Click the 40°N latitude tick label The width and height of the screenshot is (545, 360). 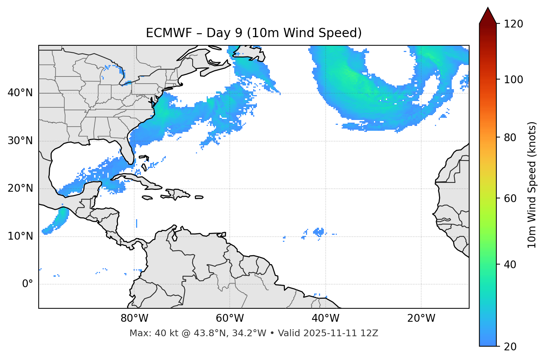(20, 93)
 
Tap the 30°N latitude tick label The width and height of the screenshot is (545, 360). (20, 141)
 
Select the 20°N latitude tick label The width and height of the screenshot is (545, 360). (20, 188)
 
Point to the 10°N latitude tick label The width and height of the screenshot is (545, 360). (20, 236)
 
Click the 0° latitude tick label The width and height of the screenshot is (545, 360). (28, 284)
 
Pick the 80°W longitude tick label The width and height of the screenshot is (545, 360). (134, 318)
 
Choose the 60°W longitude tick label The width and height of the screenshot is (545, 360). (230, 318)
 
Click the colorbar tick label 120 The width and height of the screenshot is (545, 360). (513, 24)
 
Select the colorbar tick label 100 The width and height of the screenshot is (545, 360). (513, 80)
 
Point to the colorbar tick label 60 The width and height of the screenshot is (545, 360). (510, 198)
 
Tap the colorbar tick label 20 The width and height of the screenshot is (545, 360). (510, 347)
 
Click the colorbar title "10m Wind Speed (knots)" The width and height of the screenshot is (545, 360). (532, 185)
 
